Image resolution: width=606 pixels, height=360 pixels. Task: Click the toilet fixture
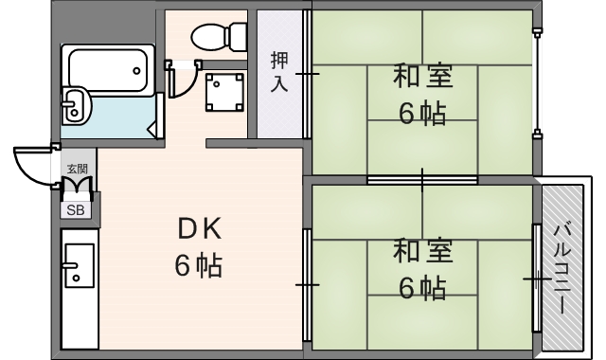218,37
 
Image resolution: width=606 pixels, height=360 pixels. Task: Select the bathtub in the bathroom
106,68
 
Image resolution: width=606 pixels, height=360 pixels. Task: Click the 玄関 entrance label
76,170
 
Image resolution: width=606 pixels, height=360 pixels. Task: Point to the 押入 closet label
279,71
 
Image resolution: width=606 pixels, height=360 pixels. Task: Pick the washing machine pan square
224,91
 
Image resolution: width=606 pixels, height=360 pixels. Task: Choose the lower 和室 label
422,252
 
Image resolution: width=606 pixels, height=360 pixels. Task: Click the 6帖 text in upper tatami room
422,114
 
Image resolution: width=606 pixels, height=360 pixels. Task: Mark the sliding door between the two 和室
422,179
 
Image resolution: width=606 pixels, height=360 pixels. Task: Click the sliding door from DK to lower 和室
307,282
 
